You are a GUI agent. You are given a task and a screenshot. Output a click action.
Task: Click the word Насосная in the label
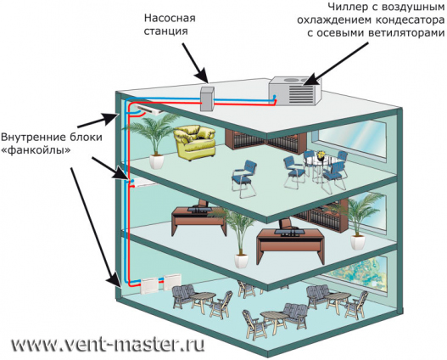[170, 19]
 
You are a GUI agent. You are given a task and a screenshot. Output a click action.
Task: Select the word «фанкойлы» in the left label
[36, 149]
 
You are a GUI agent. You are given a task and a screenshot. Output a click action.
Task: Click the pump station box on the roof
[207, 98]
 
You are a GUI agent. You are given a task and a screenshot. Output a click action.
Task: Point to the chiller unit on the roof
[295, 91]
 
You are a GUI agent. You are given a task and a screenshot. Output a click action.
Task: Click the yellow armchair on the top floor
[195, 142]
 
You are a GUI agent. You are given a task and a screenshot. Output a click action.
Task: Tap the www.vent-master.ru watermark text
[108, 346]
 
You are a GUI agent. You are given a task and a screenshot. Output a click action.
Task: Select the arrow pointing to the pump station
[196, 63]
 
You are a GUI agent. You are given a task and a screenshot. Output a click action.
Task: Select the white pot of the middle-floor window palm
[358, 243]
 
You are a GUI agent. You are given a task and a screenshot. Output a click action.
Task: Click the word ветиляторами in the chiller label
[407, 33]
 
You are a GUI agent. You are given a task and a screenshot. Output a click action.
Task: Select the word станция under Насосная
[166, 31]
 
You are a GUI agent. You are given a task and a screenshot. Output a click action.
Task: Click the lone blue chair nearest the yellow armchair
[245, 178]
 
